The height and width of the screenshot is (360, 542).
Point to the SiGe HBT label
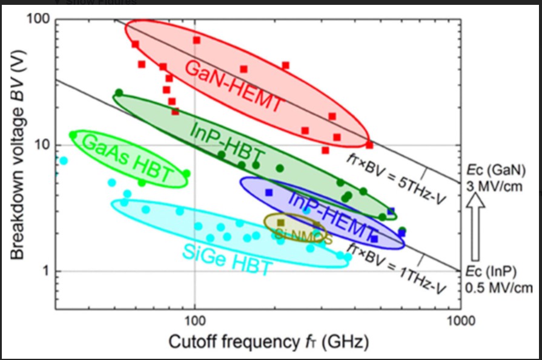pos(226,257)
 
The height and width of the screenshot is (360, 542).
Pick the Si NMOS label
pos(303,235)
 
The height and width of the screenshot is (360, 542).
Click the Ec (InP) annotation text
pos(493,270)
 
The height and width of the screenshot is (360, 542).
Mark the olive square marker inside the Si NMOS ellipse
pos(280,222)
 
